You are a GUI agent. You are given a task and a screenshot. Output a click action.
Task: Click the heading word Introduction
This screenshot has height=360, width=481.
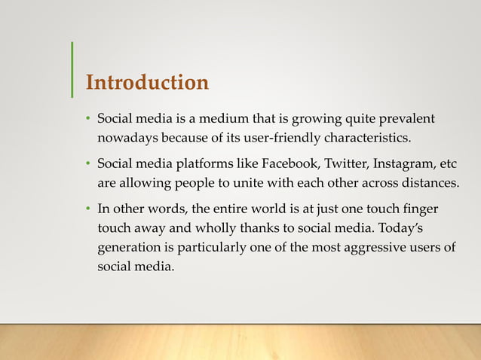(x=147, y=82)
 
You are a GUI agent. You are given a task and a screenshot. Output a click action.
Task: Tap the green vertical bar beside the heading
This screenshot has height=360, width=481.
(x=72, y=70)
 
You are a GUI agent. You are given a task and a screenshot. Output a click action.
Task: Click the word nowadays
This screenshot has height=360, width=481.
(x=126, y=139)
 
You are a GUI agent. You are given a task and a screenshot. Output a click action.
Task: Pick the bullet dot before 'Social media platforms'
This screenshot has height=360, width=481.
(x=87, y=165)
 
